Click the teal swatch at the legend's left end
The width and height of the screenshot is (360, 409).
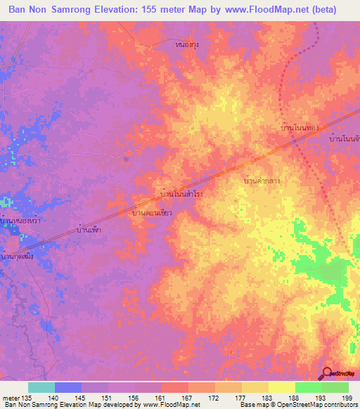click(x=41, y=387)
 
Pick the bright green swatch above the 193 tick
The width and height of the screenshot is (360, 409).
click(x=309, y=387)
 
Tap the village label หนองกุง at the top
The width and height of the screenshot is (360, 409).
click(x=187, y=44)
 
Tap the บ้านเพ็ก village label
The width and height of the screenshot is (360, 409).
click(x=91, y=229)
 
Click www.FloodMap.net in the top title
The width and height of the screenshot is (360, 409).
click(x=263, y=10)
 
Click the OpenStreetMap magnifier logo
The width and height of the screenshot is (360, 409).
click(x=327, y=374)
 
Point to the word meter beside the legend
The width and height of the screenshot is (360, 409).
click(x=11, y=398)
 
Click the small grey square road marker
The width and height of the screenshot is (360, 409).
click(x=126, y=158)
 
